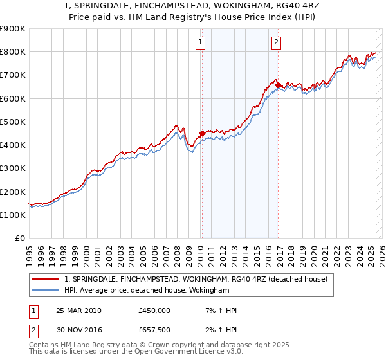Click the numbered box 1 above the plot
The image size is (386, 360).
pos(201,43)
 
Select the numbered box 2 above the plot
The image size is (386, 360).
pos(276,43)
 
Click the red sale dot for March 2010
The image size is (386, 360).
pos(202,134)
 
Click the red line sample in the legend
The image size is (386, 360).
pos(46,279)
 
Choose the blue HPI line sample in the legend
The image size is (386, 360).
pos(46,291)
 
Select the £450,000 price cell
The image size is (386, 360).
pos(154,310)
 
